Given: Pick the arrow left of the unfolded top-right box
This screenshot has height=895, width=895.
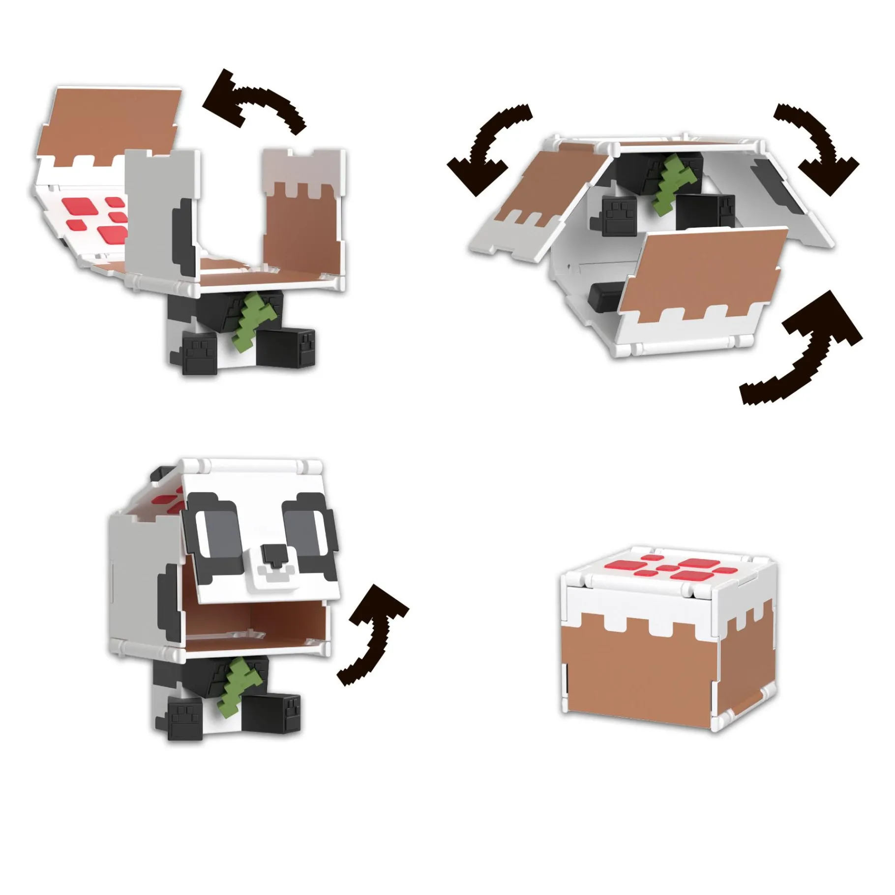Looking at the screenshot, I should pos(484,150).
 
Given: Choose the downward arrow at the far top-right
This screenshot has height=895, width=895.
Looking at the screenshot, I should pos(819,148).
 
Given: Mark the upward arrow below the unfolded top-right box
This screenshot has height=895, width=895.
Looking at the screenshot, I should pos(806,349).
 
